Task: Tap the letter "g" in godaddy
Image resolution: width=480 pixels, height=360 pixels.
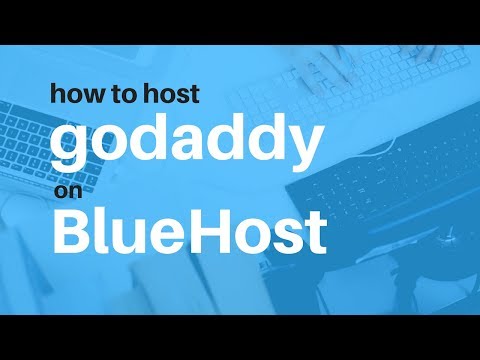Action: click(x=72, y=148)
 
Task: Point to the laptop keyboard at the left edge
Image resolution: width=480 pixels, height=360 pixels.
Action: click(x=25, y=150)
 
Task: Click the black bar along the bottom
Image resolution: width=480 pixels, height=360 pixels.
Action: click(x=240, y=337)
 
